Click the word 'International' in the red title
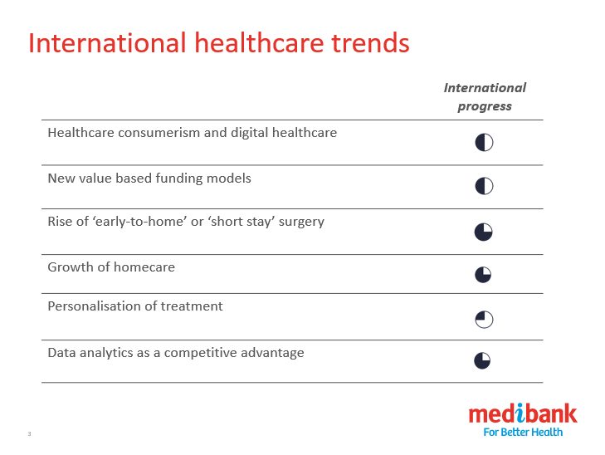coord(107,42)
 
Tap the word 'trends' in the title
coord(370,42)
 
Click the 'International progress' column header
coord(485,97)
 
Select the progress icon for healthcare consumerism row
coord(484,143)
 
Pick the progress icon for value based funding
coord(484,186)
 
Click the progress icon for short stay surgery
coord(484,232)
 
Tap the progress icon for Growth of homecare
coord(483,275)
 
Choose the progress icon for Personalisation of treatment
coord(484,320)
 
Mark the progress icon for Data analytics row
coord(482,361)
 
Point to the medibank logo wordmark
coord(523,413)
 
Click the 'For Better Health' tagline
coord(523,432)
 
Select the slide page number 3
coord(29,433)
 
